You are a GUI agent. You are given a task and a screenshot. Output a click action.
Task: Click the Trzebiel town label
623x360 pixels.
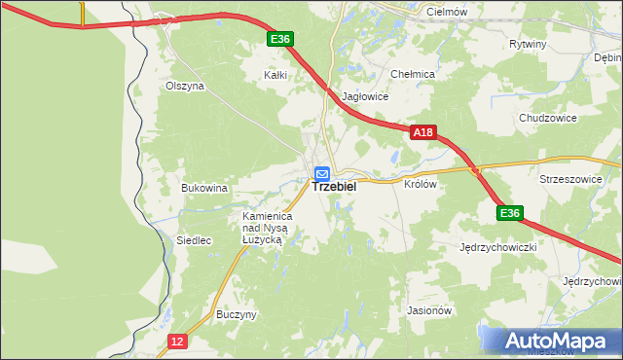(x=334, y=190)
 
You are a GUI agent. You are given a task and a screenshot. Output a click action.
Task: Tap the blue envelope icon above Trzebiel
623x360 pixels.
(x=321, y=173)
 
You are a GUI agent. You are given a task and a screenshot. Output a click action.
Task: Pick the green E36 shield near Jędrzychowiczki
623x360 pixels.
(x=509, y=213)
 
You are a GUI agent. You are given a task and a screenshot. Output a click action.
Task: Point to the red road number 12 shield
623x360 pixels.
(x=176, y=341)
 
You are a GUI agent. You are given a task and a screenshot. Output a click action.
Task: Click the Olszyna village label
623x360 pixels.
(x=185, y=86)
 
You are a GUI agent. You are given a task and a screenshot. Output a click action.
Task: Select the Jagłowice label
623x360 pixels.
(x=366, y=97)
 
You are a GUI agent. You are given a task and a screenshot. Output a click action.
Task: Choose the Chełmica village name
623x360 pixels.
(x=412, y=74)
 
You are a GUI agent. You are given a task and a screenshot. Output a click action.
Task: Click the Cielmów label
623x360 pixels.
(x=449, y=10)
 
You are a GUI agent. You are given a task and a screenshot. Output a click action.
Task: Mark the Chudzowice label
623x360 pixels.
(x=548, y=118)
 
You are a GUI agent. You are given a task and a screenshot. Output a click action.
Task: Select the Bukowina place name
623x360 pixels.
(x=204, y=188)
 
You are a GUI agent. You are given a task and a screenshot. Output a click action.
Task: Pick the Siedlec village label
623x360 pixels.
(x=166, y=240)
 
